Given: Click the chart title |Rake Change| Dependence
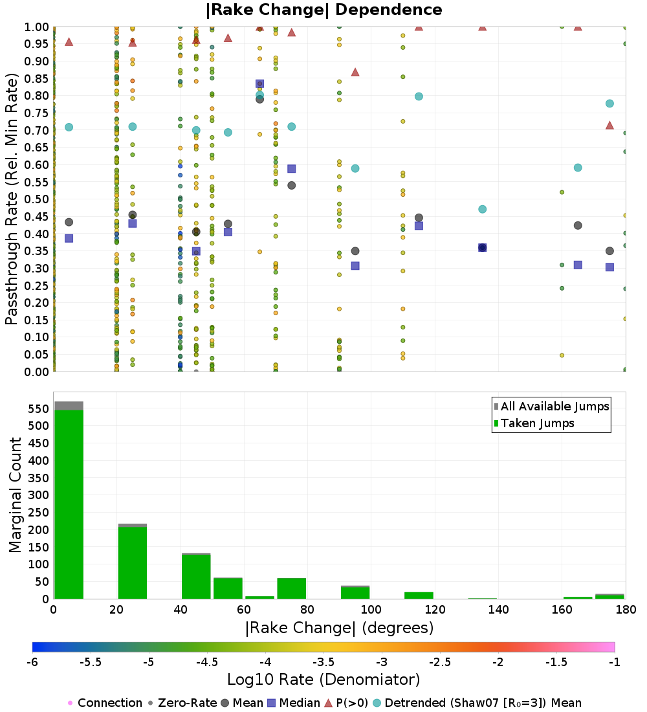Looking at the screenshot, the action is click(323, 10).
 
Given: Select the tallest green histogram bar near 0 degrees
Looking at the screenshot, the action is click(69, 504).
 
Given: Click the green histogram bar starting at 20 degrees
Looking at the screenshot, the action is click(133, 562).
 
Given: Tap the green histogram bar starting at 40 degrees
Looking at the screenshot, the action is click(196, 577).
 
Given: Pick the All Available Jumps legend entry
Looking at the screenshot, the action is click(551, 406).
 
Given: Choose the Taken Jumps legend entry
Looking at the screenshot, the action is click(534, 423).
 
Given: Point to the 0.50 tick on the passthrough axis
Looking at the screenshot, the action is click(36, 199).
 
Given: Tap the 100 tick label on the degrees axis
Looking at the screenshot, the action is click(371, 609).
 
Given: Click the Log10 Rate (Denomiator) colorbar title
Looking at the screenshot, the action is click(323, 679).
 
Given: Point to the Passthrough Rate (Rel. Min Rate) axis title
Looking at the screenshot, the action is click(12, 199).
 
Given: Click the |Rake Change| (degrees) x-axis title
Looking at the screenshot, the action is click(340, 628).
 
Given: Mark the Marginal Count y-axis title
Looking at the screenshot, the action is click(15, 495).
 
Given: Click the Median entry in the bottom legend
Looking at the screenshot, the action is click(294, 703).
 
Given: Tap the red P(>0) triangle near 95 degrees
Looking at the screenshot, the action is click(355, 72).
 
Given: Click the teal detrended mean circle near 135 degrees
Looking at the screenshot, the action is click(482, 209).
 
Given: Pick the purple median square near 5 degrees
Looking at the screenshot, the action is click(69, 238).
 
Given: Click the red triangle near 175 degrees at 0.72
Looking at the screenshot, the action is click(609, 125).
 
